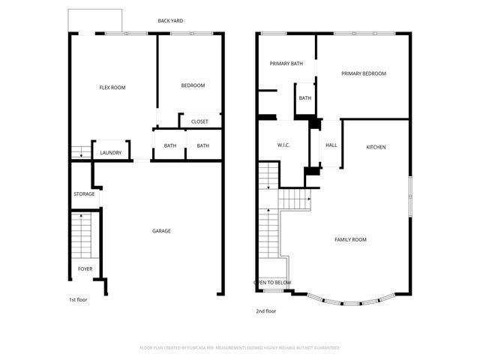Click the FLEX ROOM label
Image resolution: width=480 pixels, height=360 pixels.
tap(112, 88)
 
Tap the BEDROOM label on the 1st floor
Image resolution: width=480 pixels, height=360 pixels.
tap(193, 85)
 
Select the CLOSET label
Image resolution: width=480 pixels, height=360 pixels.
tap(199, 121)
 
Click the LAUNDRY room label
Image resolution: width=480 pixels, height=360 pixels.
tap(110, 153)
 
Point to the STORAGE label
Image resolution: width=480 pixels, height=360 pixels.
tap(84, 194)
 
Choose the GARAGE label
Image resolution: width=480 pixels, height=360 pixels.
tap(161, 231)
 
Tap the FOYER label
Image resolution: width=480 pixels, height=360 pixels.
tap(85, 268)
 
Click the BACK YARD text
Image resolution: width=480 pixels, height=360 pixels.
tap(170, 21)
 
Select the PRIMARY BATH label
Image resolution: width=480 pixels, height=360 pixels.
tap(286, 64)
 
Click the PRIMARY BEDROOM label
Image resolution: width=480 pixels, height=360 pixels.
tap(363, 73)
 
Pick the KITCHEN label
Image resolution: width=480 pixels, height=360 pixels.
tap(376, 147)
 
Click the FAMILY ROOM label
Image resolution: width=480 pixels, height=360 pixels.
tap(350, 239)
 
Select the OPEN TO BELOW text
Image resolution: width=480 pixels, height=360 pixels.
tap(271, 283)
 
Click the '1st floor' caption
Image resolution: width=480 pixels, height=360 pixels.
tap(78, 299)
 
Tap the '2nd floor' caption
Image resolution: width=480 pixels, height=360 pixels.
tap(265, 310)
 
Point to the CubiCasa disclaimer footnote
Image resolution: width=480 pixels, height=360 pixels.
tap(240, 348)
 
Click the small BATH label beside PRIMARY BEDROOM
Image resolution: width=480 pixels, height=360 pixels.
tap(304, 98)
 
